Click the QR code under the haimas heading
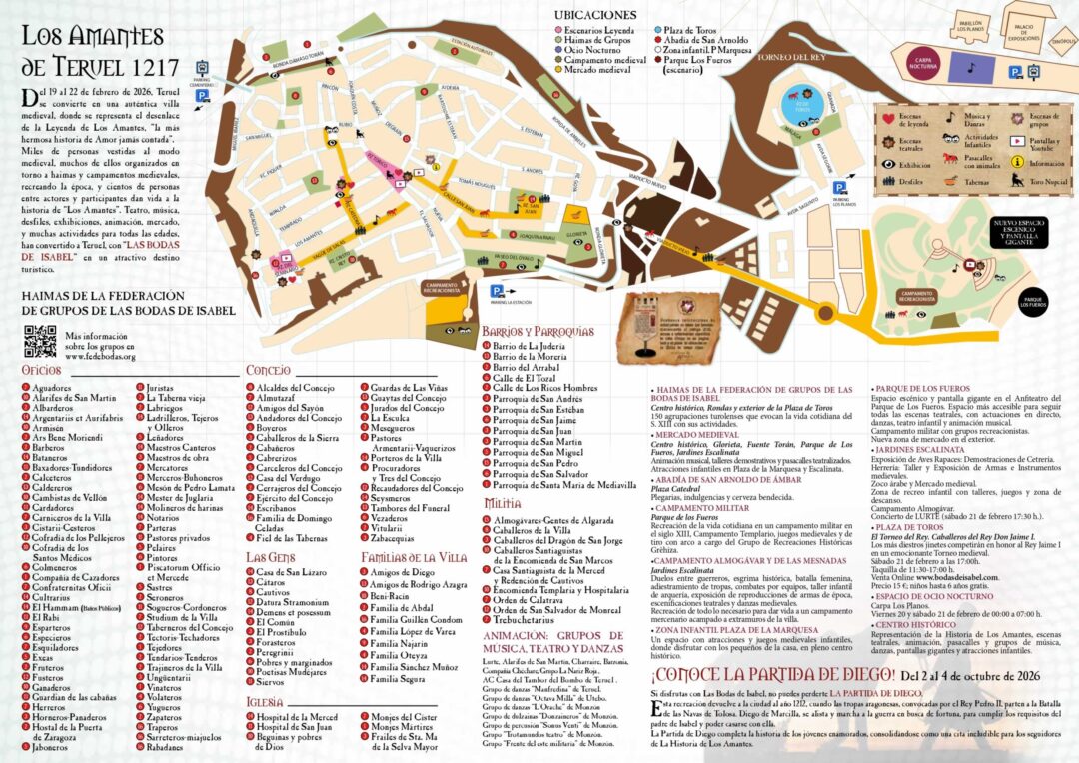pos(40,340)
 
